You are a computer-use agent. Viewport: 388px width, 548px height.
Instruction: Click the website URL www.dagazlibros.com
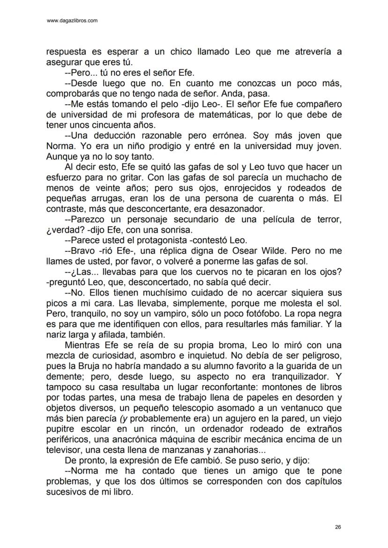click(73, 21)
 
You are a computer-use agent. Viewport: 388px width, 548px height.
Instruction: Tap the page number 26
click(338, 527)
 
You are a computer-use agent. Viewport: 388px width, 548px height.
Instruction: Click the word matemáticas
click(256, 114)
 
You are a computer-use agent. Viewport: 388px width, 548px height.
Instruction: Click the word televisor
click(63, 450)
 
